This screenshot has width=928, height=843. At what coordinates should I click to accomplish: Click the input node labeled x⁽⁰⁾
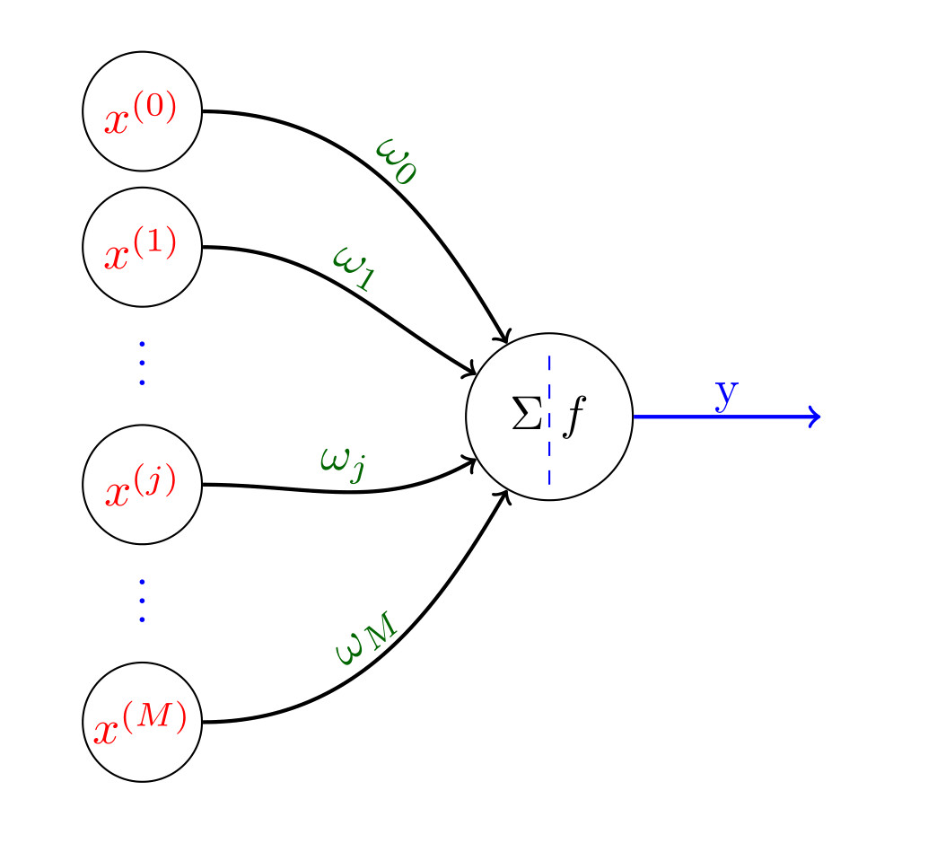coord(142,111)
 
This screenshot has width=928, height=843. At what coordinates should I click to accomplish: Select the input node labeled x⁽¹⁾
coord(142,248)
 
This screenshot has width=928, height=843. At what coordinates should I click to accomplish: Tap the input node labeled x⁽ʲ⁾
coord(142,485)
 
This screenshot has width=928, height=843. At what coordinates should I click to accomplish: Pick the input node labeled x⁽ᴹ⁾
coord(142,722)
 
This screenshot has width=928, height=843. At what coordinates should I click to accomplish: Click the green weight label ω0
coord(398,160)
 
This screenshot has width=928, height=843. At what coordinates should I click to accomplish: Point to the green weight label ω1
coord(353,268)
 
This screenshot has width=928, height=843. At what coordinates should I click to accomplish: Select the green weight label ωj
coord(342,463)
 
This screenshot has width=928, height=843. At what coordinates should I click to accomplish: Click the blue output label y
coord(727,395)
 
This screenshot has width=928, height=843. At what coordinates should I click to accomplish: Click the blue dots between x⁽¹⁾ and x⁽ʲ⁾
coord(142,363)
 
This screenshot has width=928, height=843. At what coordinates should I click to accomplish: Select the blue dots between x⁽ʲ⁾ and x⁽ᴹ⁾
coord(142,600)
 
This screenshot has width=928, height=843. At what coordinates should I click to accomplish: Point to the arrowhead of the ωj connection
coord(471,462)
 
